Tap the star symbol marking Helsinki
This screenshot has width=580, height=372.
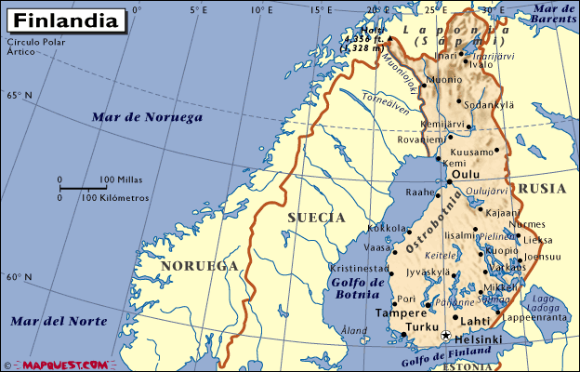tap(446, 336)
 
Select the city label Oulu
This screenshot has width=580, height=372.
tap(465, 174)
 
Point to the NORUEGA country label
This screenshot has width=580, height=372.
tap(199, 266)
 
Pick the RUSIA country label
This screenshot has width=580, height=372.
tap(541, 188)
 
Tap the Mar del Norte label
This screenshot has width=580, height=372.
tap(59, 321)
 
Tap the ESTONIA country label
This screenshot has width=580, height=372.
tap(468, 366)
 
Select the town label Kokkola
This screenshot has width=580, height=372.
tap(387, 228)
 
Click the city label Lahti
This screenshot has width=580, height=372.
tap(475, 321)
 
